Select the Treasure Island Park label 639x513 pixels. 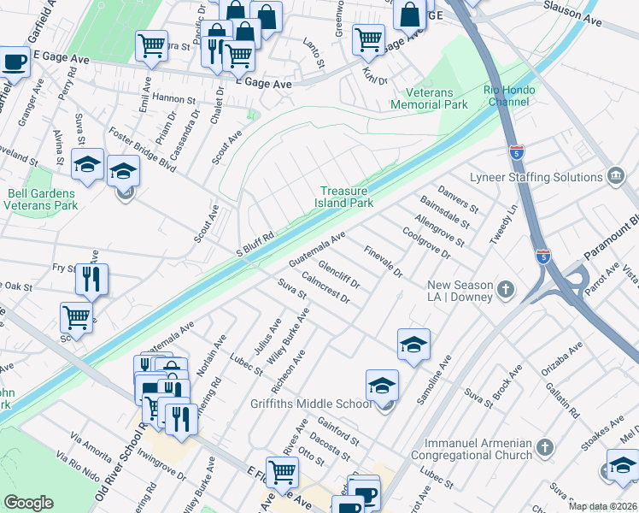point(347,197)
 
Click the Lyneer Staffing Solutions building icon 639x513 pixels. point(614,177)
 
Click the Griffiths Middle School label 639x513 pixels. point(310,404)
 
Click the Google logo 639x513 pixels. point(28,503)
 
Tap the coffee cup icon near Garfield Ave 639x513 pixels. point(14,63)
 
